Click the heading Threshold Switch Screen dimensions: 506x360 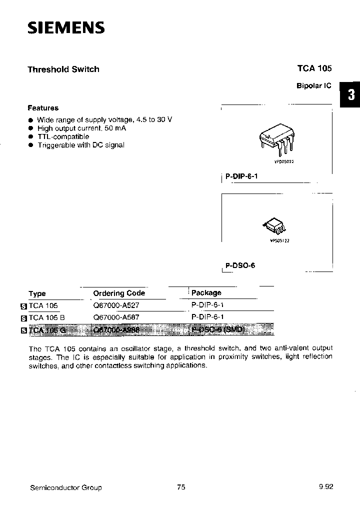pos(63,69)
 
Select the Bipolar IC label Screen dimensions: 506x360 pos(314,85)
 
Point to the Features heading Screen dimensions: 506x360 pos(43,108)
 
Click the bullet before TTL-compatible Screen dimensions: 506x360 pos(30,136)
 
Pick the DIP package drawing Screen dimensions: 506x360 pos(274,140)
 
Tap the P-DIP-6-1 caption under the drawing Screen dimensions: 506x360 pos(241,177)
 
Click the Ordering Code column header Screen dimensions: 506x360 pos(119,293)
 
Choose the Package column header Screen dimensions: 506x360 pos(206,293)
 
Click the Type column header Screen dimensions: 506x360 pos(37,293)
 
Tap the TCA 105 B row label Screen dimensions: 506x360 pos(46,317)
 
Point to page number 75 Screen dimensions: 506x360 pos(181,487)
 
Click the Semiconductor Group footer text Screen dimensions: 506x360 pos(65,487)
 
